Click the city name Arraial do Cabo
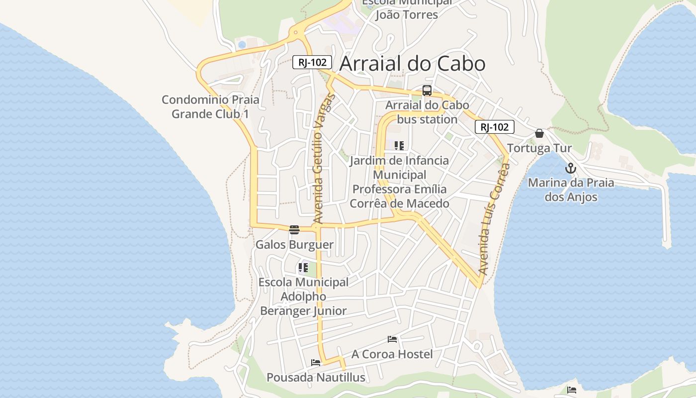(412, 64)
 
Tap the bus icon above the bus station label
(427, 91)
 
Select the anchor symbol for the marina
(571, 168)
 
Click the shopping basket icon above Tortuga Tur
(539, 133)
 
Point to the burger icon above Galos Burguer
(294, 230)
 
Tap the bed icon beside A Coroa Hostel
(392, 339)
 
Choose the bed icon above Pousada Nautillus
(316, 363)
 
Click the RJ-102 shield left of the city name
(312, 62)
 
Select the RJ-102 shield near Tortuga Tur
(494, 127)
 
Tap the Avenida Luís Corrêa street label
(494, 219)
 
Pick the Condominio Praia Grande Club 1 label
(210, 106)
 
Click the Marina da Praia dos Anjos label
(571, 190)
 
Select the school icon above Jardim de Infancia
(399, 145)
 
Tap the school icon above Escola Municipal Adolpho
(303, 268)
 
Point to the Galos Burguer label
(294, 245)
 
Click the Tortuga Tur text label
(539, 148)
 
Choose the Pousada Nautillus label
(316, 378)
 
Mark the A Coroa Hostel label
(392, 354)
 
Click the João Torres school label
(407, 14)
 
